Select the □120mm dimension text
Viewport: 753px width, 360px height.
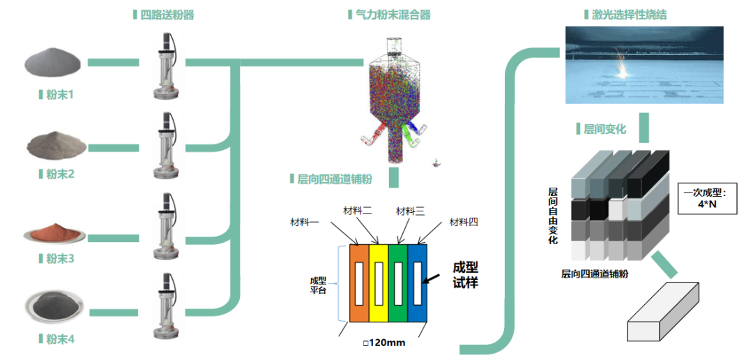point(384,343)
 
